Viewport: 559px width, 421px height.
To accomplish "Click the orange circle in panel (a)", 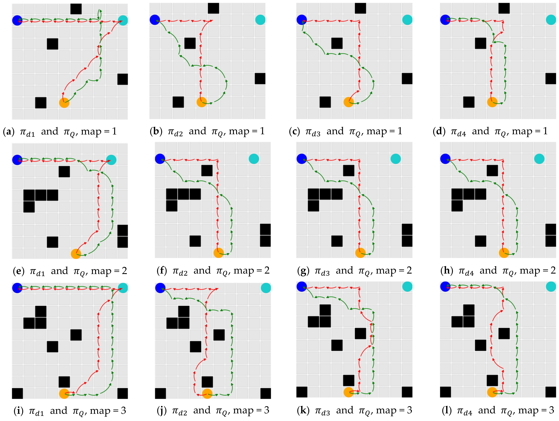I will pyautogui.click(x=64, y=103).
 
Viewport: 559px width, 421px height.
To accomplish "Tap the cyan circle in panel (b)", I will pyautogui.click(x=260, y=20).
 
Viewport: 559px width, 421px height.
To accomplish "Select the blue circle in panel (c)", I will pyautogui.click(x=301, y=20).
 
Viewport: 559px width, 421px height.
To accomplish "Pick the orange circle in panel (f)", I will pyautogui.click(x=219, y=253).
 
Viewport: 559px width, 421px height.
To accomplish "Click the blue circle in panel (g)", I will pyautogui.click(x=301, y=159).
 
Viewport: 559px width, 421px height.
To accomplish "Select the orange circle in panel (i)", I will pyautogui.click(x=64, y=393).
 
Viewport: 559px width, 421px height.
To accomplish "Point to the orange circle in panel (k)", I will pyautogui.click(x=349, y=392).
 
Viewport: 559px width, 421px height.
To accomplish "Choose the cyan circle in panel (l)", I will pyautogui.click(x=551, y=287).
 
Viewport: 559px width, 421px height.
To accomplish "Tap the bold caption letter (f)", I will pyautogui.click(x=162, y=271).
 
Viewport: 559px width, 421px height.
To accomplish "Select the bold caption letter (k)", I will pyautogui.click(x=302, y=410).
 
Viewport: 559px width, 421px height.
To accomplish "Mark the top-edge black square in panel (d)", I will pyautogui.click(x=504, y=8).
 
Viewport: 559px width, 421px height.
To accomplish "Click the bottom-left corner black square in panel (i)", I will pyautogui.click(x=17, y=393).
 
